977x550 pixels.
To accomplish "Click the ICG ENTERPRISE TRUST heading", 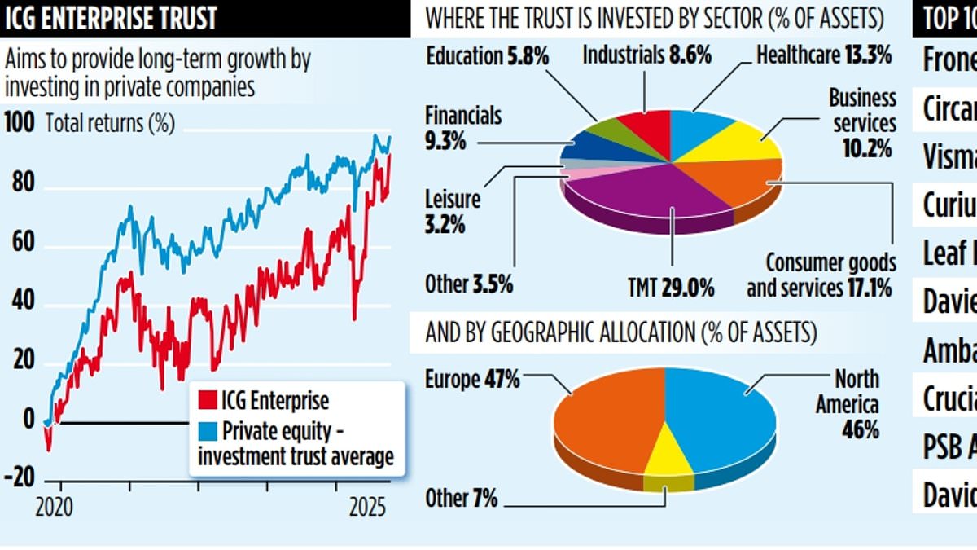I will click(x=111, y=18).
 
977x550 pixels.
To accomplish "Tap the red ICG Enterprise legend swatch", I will click(x=206, y=401).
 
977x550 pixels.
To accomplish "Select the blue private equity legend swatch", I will click(x=206, y=429).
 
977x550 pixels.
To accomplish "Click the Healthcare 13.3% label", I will click(x=824, y=55).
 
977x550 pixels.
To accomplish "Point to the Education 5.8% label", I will click(x=488, y=55).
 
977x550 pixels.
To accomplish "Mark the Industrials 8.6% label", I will click(x=647, y=55).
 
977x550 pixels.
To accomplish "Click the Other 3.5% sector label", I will click(x=467, y=284).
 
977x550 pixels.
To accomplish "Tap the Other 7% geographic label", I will click(x=461, y=498).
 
